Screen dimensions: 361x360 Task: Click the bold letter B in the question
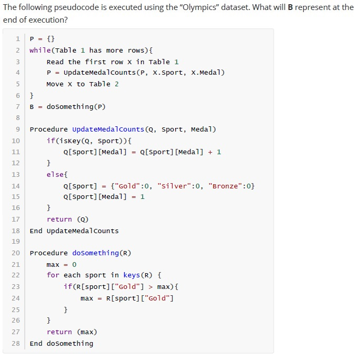point(290,7)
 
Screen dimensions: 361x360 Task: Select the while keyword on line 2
point(40,50)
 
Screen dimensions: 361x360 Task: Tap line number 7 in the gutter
point(18,107)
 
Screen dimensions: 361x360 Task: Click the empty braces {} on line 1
point(51,39)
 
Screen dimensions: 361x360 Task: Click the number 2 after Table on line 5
point(117,84)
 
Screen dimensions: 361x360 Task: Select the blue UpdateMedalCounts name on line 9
point(108,129)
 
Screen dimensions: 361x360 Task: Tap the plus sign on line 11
point(210,152)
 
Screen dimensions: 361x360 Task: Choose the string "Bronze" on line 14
point(223,186)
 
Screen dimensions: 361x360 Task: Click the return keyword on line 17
point(59,219)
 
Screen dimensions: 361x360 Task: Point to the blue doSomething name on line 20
point(96,253)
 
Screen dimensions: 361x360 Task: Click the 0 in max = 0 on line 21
point(74,264)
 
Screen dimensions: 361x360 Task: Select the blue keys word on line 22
point(132,275)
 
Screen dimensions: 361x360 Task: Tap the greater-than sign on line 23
point(151,287)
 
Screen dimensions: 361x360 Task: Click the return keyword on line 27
point(59,332)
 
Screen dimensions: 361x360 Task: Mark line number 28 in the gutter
point(16,343)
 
